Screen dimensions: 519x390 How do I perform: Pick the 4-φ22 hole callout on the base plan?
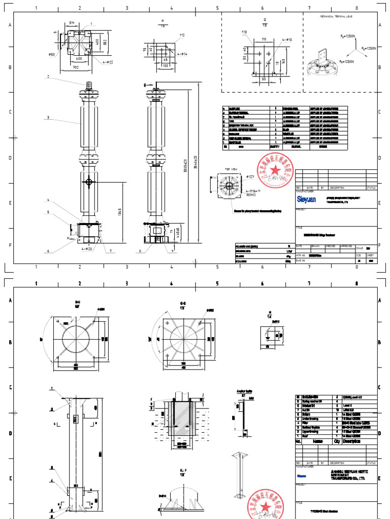tap(108, 62)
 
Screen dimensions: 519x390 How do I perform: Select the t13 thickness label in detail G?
tap(244, 32)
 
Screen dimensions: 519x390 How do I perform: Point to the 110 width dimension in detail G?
tap(264, 39)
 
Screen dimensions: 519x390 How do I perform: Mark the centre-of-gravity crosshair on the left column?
tap(89, 181)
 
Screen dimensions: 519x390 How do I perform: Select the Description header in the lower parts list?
tap(354, 441)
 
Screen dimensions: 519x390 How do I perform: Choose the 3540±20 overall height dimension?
tap(194, 152)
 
